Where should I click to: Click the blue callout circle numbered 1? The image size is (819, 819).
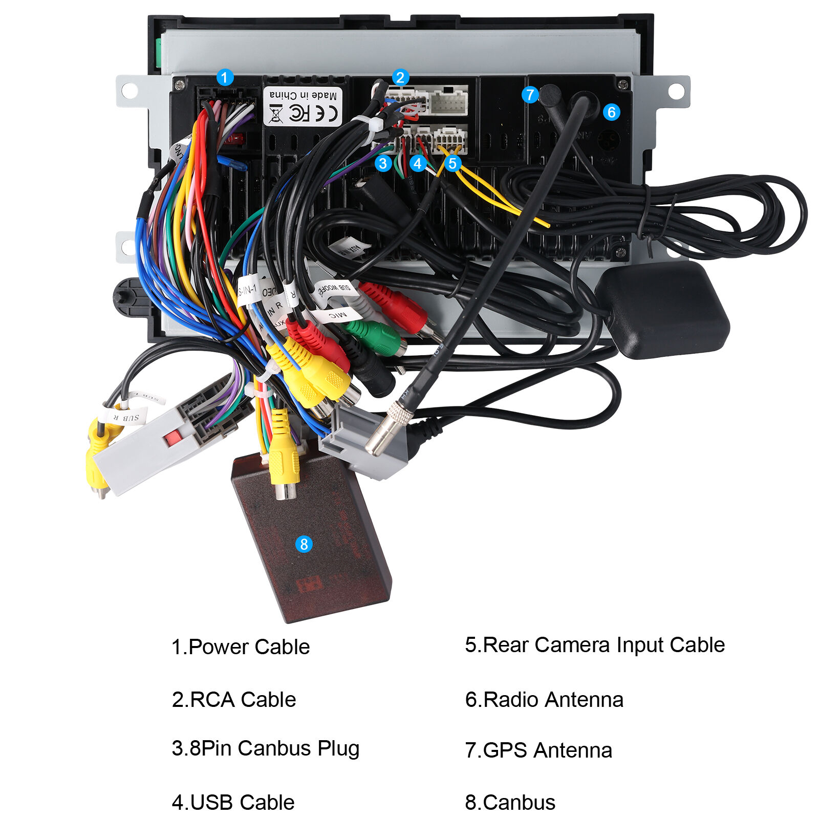[x=225, y=78]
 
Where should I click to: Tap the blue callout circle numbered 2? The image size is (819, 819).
[x=400, y=78]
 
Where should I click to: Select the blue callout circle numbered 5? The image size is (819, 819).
[x=452, y=163]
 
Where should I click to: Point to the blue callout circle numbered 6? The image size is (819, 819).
[x=611, y=112]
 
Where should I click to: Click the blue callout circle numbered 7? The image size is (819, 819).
[x=530, y=95]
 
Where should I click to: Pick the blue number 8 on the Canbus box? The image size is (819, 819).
[x=304, y=544]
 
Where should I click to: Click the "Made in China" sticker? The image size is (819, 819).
[x=303, y=106]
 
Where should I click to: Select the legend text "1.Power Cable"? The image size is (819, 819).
[x=241, y=647]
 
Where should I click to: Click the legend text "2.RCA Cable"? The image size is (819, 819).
[x=234, y=700]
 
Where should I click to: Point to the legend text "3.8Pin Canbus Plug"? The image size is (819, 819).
[x=266, y=748]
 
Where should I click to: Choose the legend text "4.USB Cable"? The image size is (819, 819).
[x=233, y=803]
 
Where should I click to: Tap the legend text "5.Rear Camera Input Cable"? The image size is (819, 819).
[x=595, y=645]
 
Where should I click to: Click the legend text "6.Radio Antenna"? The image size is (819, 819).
[x=544, y=700]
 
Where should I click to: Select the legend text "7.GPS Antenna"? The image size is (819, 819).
[x=538, y=750]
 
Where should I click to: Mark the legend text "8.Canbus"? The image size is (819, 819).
[x=510, y=803]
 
